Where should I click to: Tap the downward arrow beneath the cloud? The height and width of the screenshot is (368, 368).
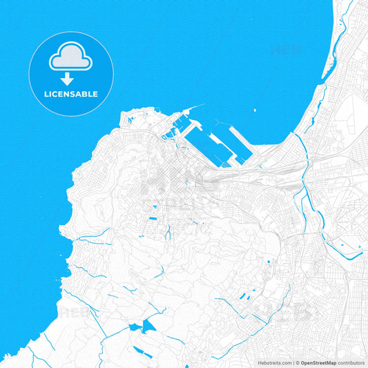[66, 79]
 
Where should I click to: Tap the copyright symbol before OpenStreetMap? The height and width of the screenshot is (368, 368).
[298, 362]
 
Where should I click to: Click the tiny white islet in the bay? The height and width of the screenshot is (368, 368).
[255, 110]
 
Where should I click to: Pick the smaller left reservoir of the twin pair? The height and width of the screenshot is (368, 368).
[134, 327]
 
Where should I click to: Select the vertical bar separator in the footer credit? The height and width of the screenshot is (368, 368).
[293, 362]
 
